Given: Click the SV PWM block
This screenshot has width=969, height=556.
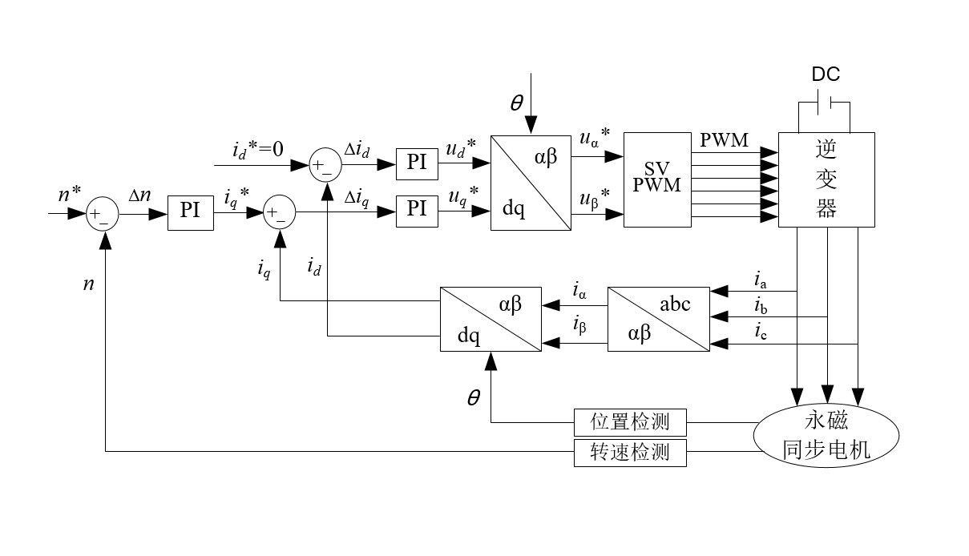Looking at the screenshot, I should tap(657, 179).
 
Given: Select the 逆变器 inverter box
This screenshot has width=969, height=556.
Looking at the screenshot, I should tap(826, 179).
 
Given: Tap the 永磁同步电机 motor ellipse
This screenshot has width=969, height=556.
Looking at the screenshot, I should tap(826, 435).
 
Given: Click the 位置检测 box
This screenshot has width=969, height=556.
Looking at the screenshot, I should tap(631, 421).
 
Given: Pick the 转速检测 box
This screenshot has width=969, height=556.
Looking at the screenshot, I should tap(631, 452).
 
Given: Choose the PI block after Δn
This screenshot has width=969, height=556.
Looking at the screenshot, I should tap(190, 212).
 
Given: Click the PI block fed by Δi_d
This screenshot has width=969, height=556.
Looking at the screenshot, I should tap(417, 163).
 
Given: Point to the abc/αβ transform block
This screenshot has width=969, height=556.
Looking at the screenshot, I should tap(659, 318).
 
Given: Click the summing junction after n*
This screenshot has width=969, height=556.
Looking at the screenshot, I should tap(103, 214).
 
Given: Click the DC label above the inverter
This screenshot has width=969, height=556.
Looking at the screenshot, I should tap(826, 75).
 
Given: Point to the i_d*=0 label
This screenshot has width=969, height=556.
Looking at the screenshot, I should tap(258, 150).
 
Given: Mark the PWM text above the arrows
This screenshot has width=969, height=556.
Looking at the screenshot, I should tap(724, 140).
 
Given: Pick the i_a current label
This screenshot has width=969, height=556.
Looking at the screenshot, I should tap(760, 280).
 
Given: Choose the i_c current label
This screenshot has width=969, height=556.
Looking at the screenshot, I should tap(760, 331).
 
